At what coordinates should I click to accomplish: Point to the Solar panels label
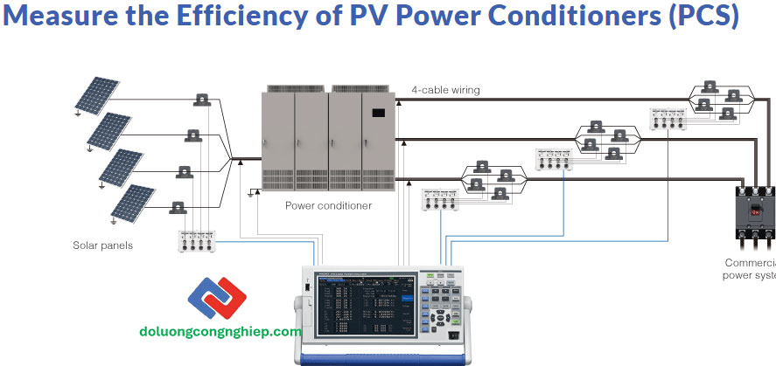tap(102, 245)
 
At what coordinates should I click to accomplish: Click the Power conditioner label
tap(328, 206)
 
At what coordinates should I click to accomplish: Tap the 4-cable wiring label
tap(445, 90)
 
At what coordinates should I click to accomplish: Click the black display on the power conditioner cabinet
tap(379, 112)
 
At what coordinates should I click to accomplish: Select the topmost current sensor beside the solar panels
tap(203, 100)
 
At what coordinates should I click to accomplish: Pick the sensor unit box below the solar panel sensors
tap(196, 242)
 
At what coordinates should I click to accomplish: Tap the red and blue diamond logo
tap(218, 302)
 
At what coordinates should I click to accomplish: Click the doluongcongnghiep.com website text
tap(220, 332)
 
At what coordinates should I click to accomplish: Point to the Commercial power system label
tap(750, 269)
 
